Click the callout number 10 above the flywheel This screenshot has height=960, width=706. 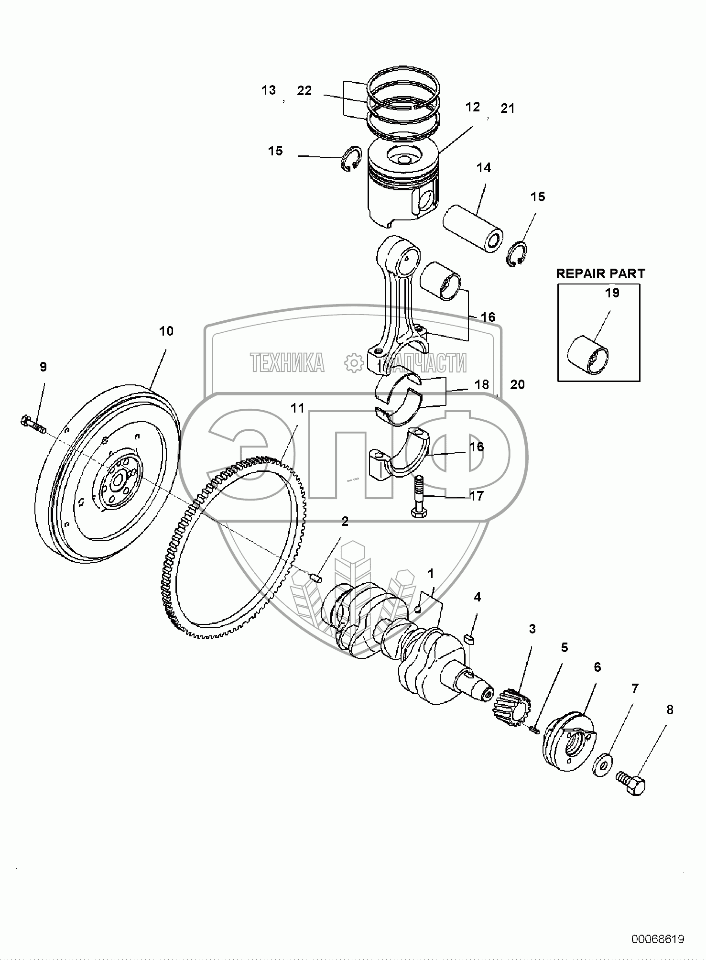coord(166,330)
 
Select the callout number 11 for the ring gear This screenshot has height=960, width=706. coord(297,408)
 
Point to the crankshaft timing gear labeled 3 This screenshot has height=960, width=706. coord(511,708)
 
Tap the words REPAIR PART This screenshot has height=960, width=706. coord(600,273)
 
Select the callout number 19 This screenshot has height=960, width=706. coord(612,293)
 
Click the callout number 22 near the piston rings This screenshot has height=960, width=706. coord(304,90)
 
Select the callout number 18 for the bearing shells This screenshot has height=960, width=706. coord(482,384)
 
